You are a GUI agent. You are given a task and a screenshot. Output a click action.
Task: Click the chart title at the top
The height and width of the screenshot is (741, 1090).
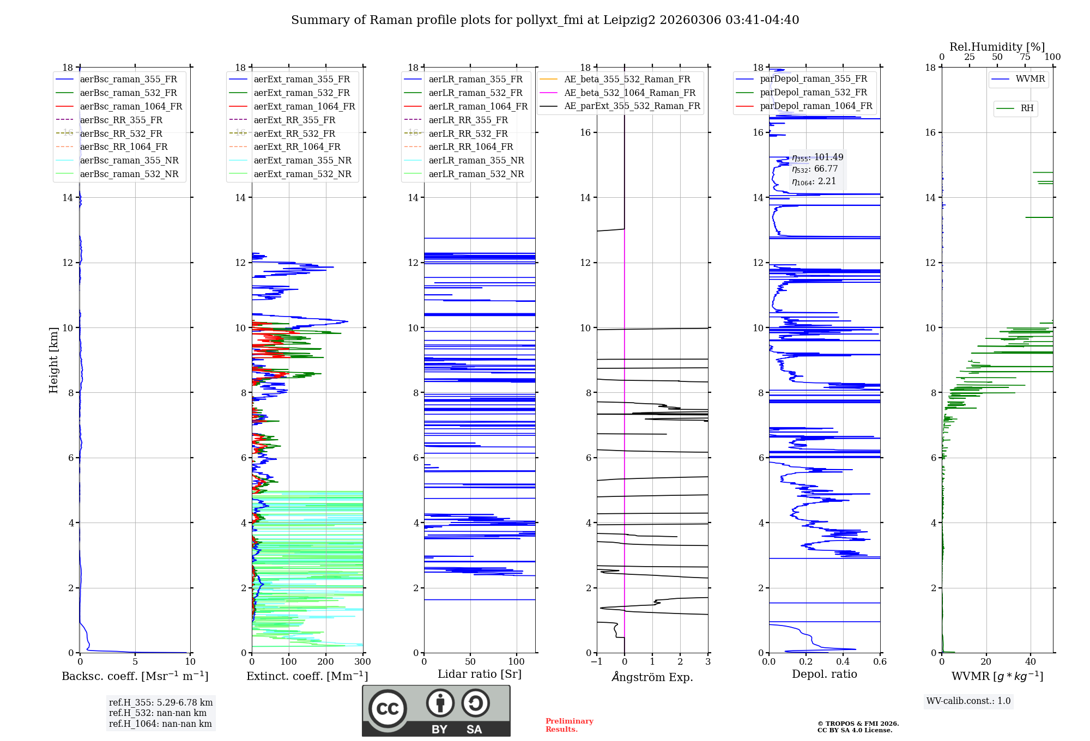tap(545, 20)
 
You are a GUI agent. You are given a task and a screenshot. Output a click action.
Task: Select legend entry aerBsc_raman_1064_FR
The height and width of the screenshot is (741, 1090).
tap(131, 106)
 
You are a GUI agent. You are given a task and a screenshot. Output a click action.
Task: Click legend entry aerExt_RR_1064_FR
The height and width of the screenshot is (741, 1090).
tap(297, 147)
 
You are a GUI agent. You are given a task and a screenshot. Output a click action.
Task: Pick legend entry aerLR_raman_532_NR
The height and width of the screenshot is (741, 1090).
tap(476, 174)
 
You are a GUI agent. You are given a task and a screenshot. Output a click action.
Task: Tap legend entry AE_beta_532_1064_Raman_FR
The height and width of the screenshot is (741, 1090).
tap(629, 93)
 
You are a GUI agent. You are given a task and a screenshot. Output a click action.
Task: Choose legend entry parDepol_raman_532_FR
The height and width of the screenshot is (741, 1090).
tap(813, 93)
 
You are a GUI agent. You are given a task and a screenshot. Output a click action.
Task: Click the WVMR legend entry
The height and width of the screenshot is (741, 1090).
tap(1030, 79)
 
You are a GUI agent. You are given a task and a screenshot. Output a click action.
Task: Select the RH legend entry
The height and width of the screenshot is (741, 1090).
tap(1027, 108)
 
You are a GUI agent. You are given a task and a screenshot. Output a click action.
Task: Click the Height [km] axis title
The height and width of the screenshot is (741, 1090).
tap(53, 360)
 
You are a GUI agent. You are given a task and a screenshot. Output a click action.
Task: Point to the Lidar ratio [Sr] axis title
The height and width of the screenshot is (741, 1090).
tap(480, 674)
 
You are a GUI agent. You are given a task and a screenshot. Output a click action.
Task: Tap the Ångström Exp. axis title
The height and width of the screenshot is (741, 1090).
tap(652, 677)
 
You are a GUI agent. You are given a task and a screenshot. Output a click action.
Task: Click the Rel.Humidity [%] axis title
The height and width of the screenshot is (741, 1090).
tap(997, 47)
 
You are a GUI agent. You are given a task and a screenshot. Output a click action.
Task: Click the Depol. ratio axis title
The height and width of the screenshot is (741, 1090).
tap(824, 674)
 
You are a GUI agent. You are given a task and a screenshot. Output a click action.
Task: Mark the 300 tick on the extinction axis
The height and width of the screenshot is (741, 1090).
tap(363, 661)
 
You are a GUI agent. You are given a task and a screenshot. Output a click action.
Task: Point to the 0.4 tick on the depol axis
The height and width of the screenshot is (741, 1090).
tap(843, 661)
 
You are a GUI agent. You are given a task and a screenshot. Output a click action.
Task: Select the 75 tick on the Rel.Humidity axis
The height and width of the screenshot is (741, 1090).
tap(1025, 57)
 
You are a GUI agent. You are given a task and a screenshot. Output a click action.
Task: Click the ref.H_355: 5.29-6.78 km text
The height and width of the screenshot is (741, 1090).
tap(161, 702)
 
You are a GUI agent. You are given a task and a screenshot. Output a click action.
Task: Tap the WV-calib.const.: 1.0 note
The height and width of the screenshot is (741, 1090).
tap(968, 701)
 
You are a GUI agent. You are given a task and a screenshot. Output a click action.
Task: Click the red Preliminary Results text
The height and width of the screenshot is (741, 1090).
tap(569, 725)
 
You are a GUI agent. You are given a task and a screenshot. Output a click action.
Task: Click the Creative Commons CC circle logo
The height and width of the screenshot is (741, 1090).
tap(387, 709)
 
